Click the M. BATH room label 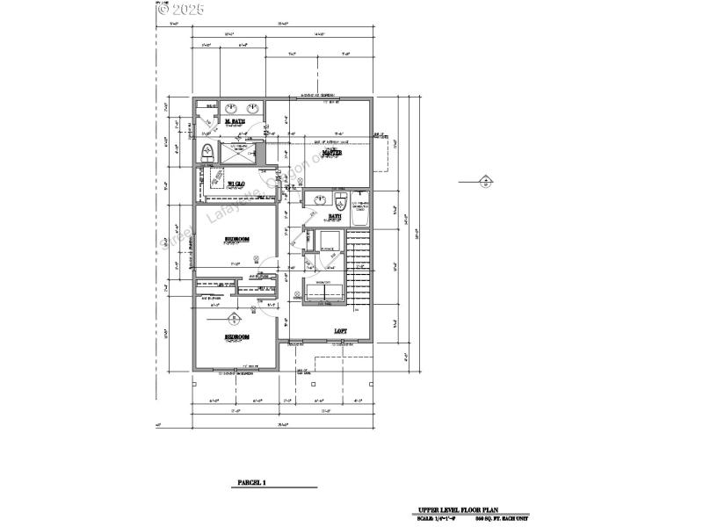click(235, 121)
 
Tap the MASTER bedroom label click(331, 153)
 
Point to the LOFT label click(340, 331)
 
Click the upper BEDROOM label click(236, 238)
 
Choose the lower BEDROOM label click(236, 336)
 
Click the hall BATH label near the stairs click(335, 215)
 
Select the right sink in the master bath click(253, 109)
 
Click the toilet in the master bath click(208, 151)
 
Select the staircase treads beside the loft click(359, 263)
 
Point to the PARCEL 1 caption click(251, 483)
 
